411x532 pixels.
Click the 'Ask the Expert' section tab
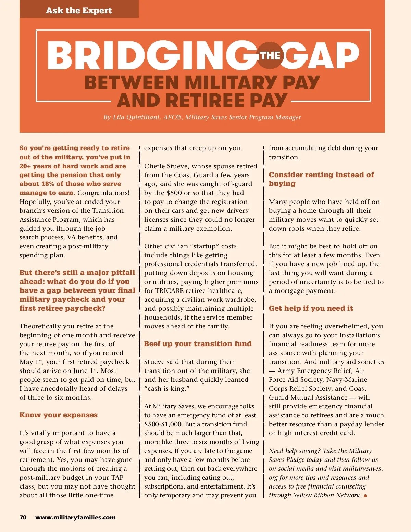click(79, 10)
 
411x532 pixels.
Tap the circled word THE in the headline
click(270, 55)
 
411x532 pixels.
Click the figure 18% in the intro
click(48, 184)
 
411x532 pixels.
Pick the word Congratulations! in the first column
click(103, 193)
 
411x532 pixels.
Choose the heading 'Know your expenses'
click(59, 415)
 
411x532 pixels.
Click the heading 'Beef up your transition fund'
click(198, 344)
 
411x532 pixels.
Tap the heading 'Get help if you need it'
click(311, 308)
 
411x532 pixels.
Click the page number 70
click(23, 517)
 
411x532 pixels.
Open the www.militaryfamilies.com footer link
click(75, 517)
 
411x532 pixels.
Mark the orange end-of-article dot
click(365, 496)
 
